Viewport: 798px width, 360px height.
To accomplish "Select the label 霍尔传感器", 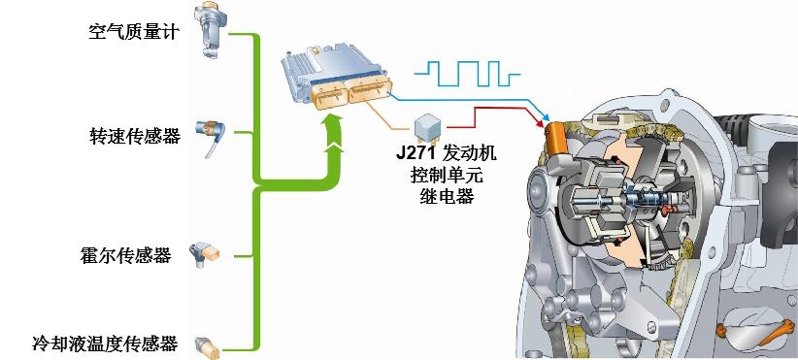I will tap(125, 255).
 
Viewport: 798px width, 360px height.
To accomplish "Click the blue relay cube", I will tap(428, 129).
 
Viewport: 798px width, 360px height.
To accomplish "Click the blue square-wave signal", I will tap(462, 74).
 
